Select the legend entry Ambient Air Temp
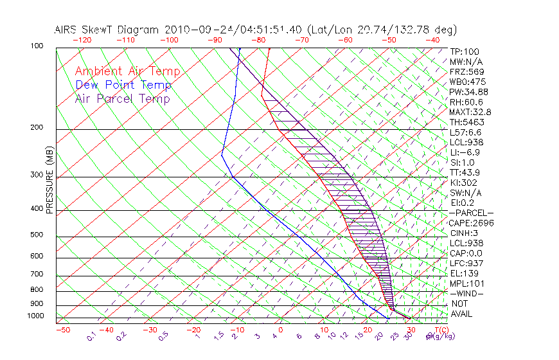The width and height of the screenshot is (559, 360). point(127,71)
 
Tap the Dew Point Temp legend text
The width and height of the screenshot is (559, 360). point(123,85)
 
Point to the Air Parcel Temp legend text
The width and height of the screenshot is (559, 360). point(122,98)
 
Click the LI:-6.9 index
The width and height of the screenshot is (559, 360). point(465,152)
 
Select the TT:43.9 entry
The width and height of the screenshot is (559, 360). point(465,172)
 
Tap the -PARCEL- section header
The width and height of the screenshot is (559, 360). point(471,213)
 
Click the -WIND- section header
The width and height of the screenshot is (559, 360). point(466,293)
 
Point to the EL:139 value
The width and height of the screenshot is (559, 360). point(463,273)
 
